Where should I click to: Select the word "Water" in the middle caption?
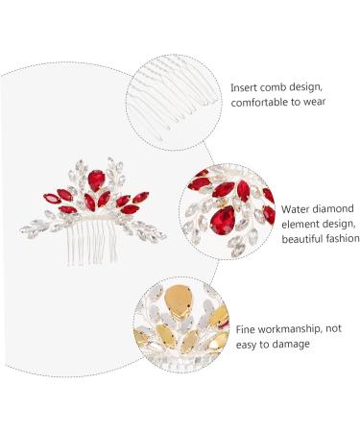298,207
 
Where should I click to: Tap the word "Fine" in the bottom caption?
246,328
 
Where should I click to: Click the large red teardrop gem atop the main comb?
93,180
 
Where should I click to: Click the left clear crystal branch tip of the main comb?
27,228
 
